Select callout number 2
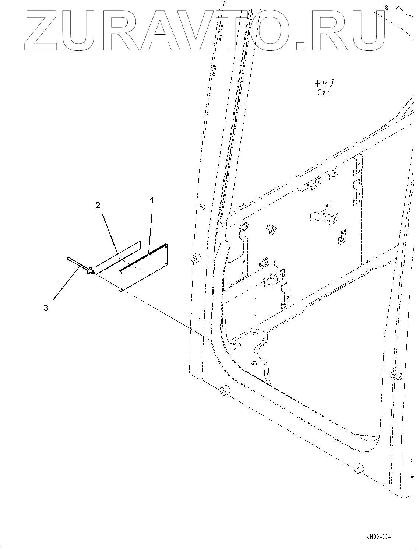[x=98, y=206]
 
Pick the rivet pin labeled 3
[x=79, y=265]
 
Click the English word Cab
[x=324, y=92]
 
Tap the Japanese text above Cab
[x=324, y=83]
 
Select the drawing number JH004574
[x=373, y=537]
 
